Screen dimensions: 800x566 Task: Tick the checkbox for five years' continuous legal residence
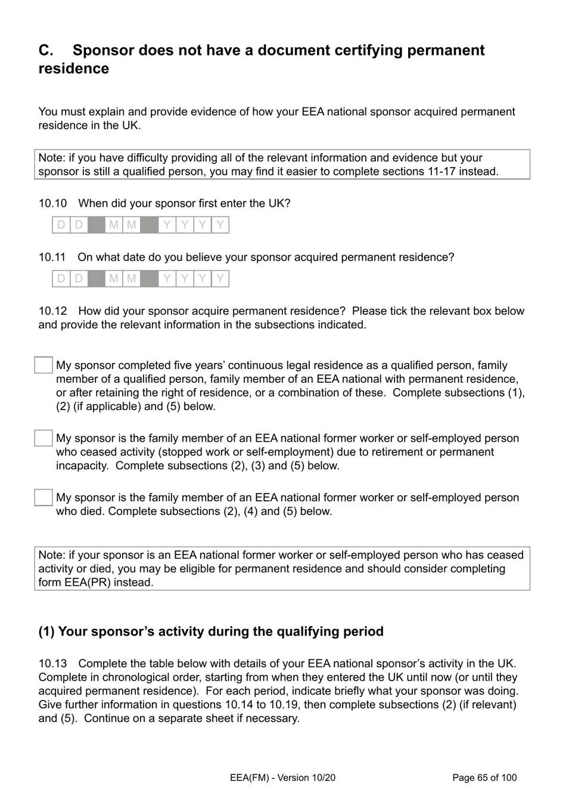43,365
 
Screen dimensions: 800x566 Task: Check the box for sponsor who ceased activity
43,438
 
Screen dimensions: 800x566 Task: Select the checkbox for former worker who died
43,498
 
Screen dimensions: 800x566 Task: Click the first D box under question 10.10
61,225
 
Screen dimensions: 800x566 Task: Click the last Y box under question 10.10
220,225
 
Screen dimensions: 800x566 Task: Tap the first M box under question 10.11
114,278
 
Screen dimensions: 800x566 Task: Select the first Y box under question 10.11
167,278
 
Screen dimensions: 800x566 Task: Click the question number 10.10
52,203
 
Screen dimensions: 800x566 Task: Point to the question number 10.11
52,257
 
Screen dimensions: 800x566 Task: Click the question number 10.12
52,311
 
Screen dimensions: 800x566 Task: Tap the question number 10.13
52,663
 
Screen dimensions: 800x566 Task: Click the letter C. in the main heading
46,50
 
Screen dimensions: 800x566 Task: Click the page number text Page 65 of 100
484,777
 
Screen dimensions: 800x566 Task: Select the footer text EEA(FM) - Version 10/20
282,777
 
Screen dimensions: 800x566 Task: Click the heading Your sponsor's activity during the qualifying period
211,631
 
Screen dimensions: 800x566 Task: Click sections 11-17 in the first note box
426,172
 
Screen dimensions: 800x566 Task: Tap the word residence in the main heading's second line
74,69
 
